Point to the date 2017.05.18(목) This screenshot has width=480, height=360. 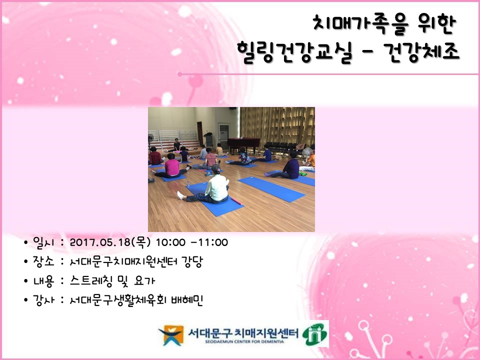pos(110,242)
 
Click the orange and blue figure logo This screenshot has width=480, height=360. pos(171,334)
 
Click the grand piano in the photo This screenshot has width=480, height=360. pos(243,143)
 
